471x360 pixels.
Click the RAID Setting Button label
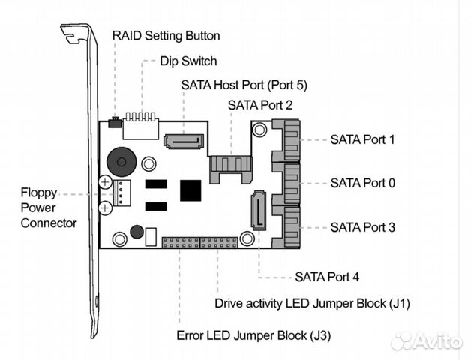tap(166, 35)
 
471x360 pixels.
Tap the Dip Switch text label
tap(188, 61)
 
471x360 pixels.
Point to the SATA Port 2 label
tap(260, 106)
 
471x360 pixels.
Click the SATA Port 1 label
tap(362, 139)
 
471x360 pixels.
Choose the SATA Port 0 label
tap(362, 182)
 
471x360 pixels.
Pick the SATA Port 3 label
tap(362, 226)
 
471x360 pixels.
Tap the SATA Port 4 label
tap(327, 277)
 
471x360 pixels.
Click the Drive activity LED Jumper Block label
tap(312, 304)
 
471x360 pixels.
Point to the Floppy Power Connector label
tap(48, 208)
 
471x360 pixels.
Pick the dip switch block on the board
tap(141, 128)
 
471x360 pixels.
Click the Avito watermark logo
tap(426, 340)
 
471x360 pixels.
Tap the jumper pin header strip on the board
tap(199, 243)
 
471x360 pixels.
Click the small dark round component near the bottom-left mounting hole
tap(136, 232)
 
